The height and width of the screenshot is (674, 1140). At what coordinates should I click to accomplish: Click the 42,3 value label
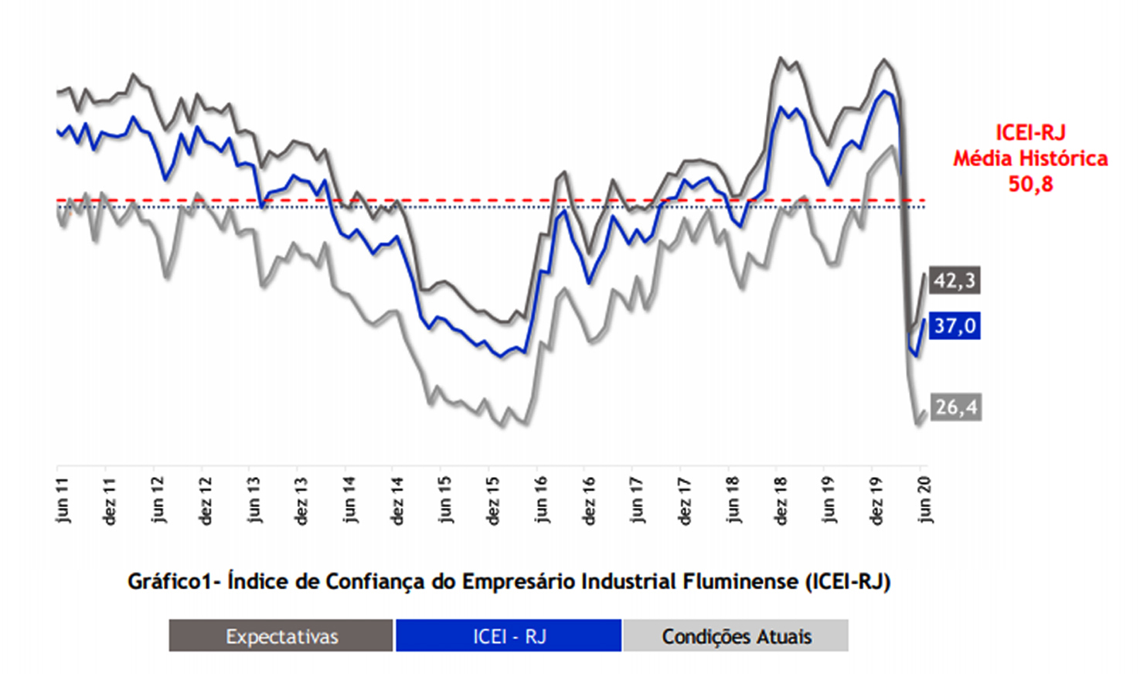tap(955, 280)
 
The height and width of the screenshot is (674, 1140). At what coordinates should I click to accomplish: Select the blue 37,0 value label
tap(955, 325)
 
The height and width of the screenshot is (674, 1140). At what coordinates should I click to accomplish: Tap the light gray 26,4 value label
tap(955, 407)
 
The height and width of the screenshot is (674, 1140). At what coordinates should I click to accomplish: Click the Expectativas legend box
tap(281, 636)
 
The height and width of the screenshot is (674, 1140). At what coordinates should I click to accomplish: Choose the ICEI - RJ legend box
tap(509, 636)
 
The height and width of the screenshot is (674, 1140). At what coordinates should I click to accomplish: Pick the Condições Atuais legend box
tap(736, 636)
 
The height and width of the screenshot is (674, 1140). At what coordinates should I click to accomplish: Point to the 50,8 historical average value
tap(1029, 184)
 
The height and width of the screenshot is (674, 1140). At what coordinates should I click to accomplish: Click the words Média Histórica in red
tap(1029, 158)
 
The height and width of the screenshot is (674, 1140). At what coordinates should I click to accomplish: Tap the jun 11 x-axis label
tap(63, 500)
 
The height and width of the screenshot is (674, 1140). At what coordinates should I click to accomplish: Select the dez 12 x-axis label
tap(205, 501)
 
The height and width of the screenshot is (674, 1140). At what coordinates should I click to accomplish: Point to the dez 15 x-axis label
tap(493, 501)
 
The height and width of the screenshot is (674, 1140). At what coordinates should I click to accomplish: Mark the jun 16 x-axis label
tap(541, 500)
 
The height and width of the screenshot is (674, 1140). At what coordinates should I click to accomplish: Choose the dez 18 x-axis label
tap(781, 501)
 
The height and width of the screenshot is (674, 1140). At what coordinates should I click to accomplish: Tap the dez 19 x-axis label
tap(876, 501)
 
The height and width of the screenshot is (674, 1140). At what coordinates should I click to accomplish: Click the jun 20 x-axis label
tap(924, 500)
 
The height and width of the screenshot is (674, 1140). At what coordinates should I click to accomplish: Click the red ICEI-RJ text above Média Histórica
tap(1029, 132)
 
